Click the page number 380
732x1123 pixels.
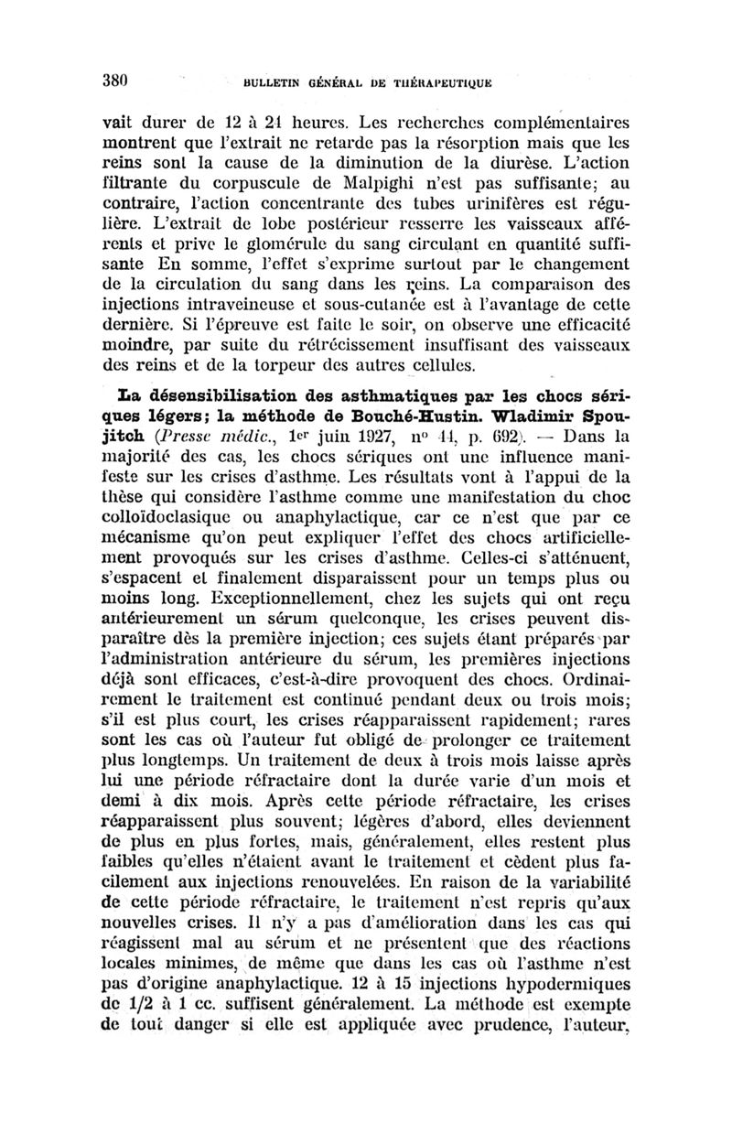coord(118,78)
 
